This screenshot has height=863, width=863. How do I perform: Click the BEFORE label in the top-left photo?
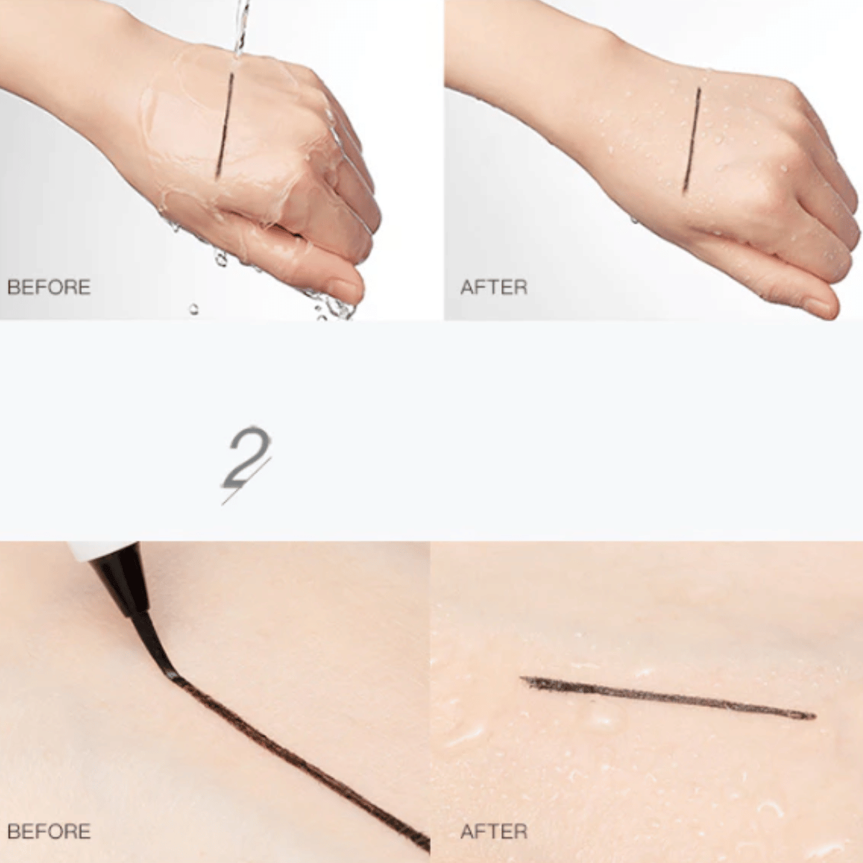pos(50,287)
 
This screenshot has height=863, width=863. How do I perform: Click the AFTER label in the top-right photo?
pos(494,287)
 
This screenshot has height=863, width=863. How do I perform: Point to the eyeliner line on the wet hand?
pos(225,124)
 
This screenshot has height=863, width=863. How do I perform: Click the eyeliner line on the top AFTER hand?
pos(692,140)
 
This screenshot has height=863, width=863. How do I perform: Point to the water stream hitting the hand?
pos(242,27)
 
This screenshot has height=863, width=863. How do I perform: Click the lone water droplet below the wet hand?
pos(193,309)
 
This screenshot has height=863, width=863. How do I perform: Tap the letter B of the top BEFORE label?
pos(14,287)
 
